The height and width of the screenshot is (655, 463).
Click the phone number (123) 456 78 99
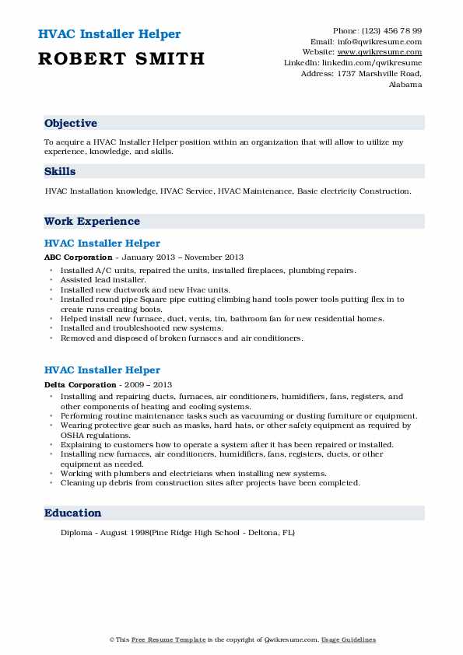389,30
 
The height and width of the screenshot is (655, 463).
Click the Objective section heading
71,124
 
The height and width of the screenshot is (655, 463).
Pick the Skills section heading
60,172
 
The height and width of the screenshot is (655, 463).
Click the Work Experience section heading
92,221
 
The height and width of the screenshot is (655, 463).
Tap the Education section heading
73,513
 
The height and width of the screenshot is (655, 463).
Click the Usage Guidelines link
349,639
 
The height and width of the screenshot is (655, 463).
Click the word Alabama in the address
405,84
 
